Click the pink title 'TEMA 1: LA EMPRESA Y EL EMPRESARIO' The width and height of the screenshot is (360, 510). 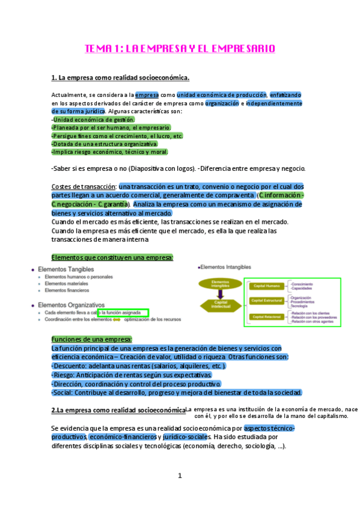click(x=180, y=48)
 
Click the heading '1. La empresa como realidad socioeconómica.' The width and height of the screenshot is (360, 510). click(x=120, y=78)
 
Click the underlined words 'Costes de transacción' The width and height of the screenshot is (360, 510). click(x=84, y=186)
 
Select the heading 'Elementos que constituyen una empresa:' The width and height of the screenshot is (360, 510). click(x=112, y=257)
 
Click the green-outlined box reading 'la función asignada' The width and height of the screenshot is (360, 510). click(x=123, y=313)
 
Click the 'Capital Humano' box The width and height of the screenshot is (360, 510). click(x=266, y=285)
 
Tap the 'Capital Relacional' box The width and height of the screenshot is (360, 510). click(x=267, y=316)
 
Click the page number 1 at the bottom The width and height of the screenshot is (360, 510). click(x=180, y=476)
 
